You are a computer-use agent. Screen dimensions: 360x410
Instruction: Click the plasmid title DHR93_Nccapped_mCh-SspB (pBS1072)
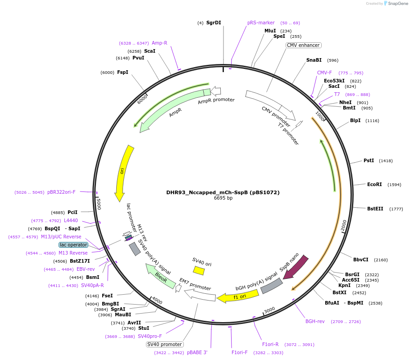pos(223,192)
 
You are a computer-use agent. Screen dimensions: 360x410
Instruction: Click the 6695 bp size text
pos(223,198)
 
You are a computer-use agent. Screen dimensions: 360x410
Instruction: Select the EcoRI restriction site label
pos(374,185)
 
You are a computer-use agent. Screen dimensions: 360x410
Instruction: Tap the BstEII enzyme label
pos(375,209)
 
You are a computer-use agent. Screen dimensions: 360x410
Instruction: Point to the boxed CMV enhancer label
pos(303,46)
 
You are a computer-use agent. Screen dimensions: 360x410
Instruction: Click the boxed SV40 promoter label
pos(164,345)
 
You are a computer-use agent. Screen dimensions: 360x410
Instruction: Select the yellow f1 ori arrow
pos(238,296)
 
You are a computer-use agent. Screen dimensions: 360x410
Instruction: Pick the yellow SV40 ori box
pos(199,270)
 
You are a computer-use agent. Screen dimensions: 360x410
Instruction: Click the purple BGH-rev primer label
pos(315,322)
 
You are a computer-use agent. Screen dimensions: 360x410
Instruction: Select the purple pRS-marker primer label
pos(261,23)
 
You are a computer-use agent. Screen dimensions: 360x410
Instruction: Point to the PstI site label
pos(369,161)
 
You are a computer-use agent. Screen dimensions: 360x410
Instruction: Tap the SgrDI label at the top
pos(214,23)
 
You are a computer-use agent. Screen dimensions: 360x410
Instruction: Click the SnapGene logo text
pos(398,4)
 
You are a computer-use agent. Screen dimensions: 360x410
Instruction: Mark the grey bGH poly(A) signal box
pos(272,286)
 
